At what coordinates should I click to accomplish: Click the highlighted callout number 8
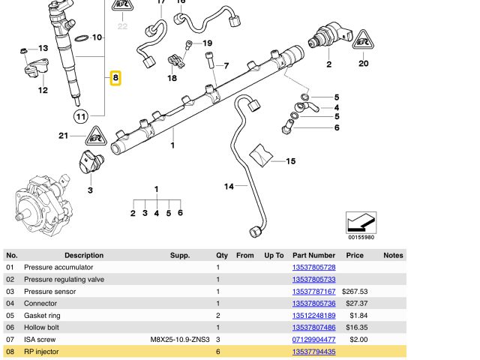click(x=115, y=77)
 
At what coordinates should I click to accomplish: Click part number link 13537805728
click(x=313, y=268)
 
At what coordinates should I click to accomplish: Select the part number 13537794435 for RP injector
click(x=313, y=352)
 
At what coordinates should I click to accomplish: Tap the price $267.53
click(x=354, y=292)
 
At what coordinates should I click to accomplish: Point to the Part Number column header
click(x=313, y=256)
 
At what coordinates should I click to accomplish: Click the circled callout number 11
click(x=80, y=115)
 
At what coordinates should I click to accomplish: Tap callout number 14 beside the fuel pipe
click(x=229, y=186)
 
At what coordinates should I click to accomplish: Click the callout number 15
click(x=290, y=161)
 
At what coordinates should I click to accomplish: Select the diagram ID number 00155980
click(x=361, y=238)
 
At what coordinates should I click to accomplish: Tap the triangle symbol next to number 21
click(x=94, y=136)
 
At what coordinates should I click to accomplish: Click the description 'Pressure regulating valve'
click(x=64, y=280)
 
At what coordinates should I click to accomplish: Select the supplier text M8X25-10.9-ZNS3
click(x=179, y=340)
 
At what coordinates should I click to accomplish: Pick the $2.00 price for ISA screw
click(x=358, y=340)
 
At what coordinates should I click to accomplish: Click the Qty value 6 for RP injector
click(x=218, y=352)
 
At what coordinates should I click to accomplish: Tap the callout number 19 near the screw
click(x=207, y=43)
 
